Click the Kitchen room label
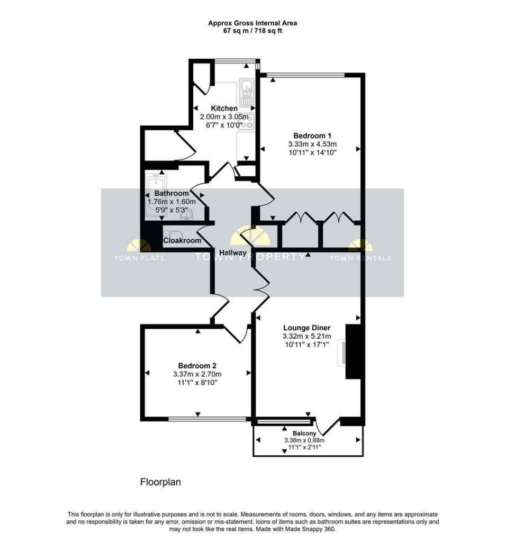click(224, 108)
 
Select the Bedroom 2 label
click(197, 365)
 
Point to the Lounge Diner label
click(306, 328)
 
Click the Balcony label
click(304, 433)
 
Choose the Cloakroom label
click(182, 240)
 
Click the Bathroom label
click(172, 193)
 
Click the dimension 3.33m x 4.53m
click(312, 144)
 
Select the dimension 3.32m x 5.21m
click(306, 336)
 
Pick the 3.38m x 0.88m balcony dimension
click(304, 440)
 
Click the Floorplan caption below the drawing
click(160, 482)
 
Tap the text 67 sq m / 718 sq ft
click(252, 30)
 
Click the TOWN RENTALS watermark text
click(360, 258)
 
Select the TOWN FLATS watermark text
click(139, 258)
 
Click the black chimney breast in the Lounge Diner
click(353, 351)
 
